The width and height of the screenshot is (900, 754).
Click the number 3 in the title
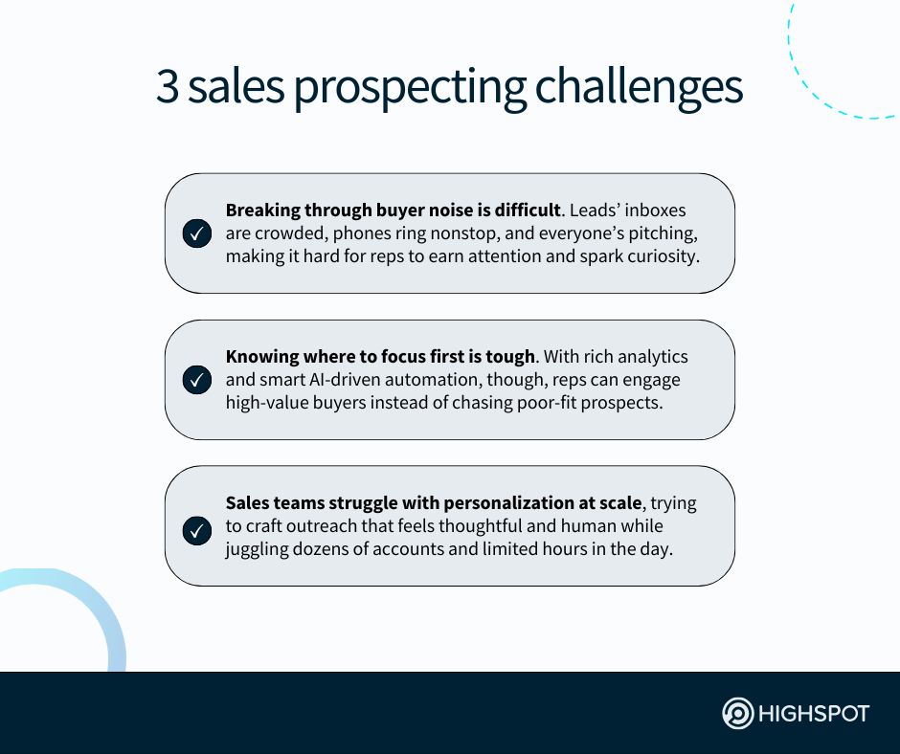pos(167,86)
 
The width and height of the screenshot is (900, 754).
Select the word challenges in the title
pos(639,88)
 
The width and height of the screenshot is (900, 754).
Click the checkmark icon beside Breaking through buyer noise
pos(197,233)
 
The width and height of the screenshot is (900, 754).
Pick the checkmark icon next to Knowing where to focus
pos(197,380)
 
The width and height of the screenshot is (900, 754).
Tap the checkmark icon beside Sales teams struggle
pos(197,531)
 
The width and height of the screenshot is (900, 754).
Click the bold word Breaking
pos(262,211)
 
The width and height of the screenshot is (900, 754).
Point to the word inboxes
pos(655,210)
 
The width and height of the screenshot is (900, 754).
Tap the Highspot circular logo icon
pos(737,713)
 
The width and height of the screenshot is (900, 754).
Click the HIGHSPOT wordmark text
pos(814,714)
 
